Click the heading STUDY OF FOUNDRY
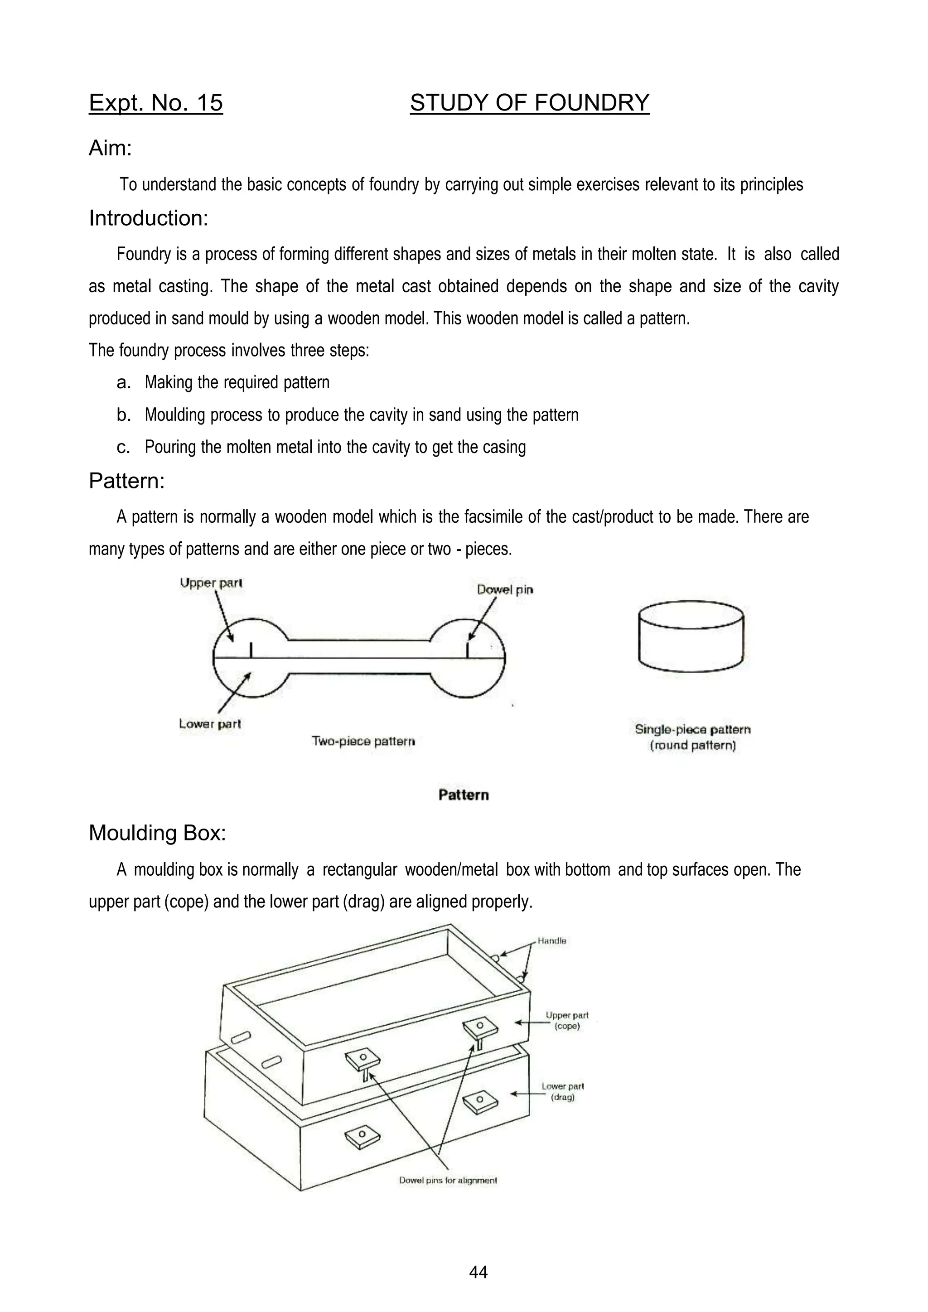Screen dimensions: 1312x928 (529, 103)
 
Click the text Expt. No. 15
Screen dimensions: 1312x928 (155, 103)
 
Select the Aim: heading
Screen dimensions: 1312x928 (110, 149)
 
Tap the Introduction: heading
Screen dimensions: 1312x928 (149, 218)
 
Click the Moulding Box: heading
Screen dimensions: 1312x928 (157, 833)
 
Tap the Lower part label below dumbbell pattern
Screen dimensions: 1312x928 (210, 724)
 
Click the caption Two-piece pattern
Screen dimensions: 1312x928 (363, 741)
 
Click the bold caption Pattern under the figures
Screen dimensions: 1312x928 (464, 795)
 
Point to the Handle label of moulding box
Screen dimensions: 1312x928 (551, 941)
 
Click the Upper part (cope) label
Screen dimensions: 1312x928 (566, 1021)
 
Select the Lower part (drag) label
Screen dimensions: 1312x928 (562, 1091)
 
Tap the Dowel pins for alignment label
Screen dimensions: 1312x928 (448, 1180)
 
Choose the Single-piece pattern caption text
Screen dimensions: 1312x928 (692, 730)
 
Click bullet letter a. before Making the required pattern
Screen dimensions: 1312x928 (123, 383)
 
